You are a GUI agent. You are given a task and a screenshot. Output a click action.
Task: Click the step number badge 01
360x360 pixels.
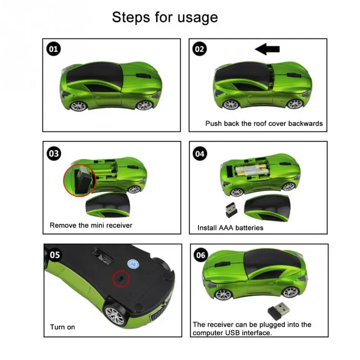tap(54, 49)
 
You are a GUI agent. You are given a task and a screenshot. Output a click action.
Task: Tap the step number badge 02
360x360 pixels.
tap(199, 49)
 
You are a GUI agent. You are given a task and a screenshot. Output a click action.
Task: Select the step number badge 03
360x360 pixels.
tap(54, 153)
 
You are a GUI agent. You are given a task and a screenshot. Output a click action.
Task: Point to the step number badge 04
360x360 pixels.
tap(200, 153)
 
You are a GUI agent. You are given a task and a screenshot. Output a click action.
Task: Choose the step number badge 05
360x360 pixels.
tap(55, 255)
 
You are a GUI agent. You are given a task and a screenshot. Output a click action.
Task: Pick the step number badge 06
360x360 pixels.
tap(201, 255)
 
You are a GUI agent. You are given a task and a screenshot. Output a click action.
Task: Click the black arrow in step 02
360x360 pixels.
tap(267, 49)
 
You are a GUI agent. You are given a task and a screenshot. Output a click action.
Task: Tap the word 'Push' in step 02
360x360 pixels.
tap(213, 123)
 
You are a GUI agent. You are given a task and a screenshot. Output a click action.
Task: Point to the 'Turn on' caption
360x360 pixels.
tap(63, 327)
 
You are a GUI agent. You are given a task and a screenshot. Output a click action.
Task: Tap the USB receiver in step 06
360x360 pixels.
tap(279, 311)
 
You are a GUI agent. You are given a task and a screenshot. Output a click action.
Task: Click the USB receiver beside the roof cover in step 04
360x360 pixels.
tap(231, 209)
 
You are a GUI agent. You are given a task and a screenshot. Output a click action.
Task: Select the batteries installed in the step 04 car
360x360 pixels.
tap(252, 170)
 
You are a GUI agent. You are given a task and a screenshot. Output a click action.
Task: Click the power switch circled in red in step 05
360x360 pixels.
tap(121, 279)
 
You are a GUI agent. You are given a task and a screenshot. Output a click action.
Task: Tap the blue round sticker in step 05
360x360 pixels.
tap(134, 264)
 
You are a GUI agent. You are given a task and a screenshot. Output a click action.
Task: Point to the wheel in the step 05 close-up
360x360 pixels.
tap(115, 314)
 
